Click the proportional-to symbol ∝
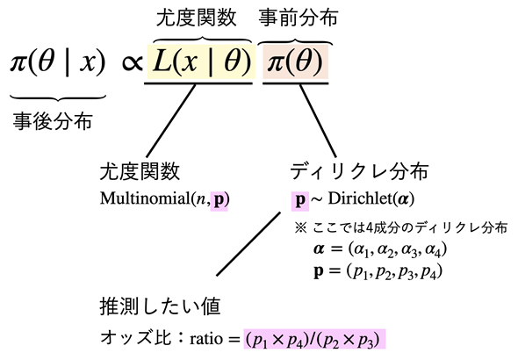pos(132,63)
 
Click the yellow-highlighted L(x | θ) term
pos(200,61)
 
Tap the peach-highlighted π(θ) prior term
pos(295,61)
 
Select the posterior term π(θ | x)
pos(57,62)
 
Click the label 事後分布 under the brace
pos(53,121)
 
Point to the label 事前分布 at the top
pos(299,17)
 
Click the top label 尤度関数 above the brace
pos(197,17)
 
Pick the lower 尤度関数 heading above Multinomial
pos(140,170)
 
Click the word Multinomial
pos(144,198)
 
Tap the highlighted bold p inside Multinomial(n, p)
pos(219,200)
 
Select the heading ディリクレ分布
pos(359,170)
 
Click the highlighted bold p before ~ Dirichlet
pos(300,200)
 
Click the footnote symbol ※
pos(300,228)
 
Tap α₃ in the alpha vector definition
pos(409,250)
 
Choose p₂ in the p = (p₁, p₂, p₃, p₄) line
pos(383,273)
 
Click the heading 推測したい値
pos(160,306)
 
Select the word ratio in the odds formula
pos(206,339)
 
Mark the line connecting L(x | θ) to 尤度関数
pos(171,120)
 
